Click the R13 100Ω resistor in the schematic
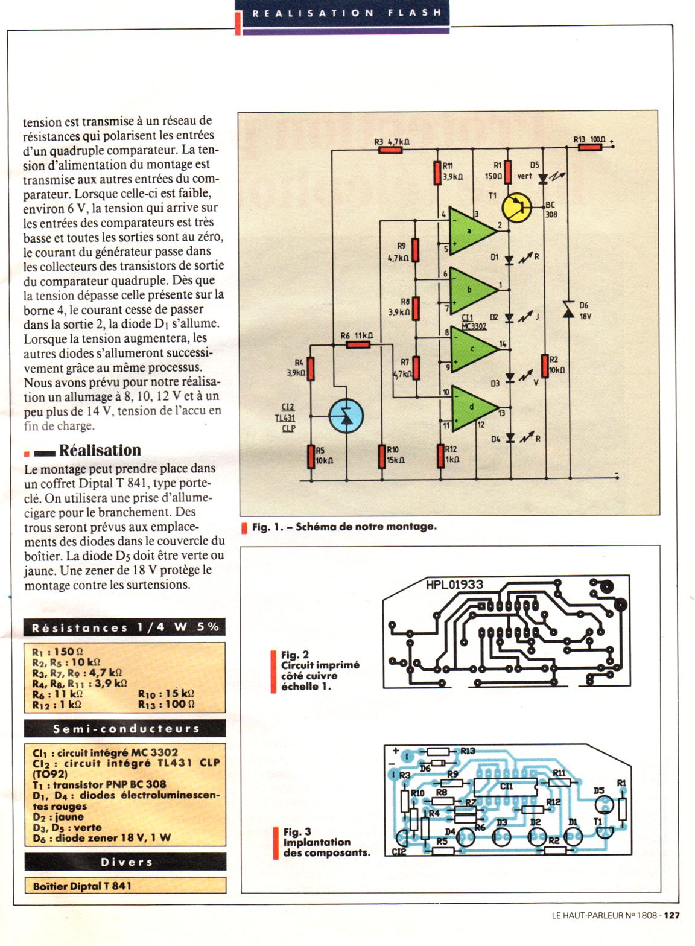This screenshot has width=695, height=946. (589, 147)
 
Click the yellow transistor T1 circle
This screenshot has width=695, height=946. (517, 207)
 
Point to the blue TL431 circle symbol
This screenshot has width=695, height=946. (346, 416)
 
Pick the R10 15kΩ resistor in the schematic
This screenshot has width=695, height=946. (382, 457)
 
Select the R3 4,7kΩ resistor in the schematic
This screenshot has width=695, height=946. (390, 149)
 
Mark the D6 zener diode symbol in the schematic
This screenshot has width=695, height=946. (568, 310)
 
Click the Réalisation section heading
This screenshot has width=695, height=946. (100, 451)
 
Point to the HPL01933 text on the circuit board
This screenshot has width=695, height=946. (454, 584)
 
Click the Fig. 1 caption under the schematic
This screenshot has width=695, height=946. (344, 527)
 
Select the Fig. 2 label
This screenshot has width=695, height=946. (295, 655)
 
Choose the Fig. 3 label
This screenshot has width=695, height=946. (297, 832)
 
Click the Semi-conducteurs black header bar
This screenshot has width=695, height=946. (125, 729)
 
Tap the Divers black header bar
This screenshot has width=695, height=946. (125, 862)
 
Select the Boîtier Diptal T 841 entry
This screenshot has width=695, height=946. (82, 886)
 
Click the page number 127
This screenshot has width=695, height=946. (672, 915)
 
